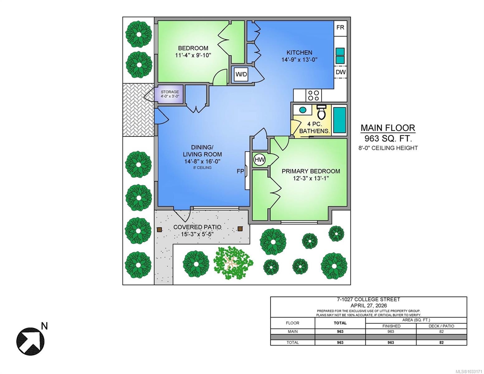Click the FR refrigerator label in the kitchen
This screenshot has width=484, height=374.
pos(340,27)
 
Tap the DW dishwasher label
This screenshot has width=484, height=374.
pos(340,72)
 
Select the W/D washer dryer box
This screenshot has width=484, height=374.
pos(242,74)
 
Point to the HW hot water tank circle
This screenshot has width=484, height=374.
pos(260,160)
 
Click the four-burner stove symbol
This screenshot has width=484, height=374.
pos(314,95)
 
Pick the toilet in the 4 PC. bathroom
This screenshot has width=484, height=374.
pos(321,113)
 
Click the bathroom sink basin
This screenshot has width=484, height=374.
pos(302,110)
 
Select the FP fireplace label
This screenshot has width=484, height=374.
pos(240,171)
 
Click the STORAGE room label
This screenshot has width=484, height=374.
pos(170,92)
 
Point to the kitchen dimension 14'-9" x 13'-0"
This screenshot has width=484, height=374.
pos(300,60)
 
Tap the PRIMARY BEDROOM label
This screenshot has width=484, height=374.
pos(311,171)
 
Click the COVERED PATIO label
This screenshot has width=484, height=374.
pos(197,227)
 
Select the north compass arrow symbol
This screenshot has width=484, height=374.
pos(31,341)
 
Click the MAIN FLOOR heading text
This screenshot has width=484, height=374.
pos(388,128)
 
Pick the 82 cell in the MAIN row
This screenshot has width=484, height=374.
pos(441,331)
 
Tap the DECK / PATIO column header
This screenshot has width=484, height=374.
pos(441,326)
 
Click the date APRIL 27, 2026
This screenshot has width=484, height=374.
pos(369,305)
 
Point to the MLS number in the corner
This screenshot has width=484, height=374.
pos(468,372)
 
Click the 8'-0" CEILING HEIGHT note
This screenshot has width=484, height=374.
pos(388,148)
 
